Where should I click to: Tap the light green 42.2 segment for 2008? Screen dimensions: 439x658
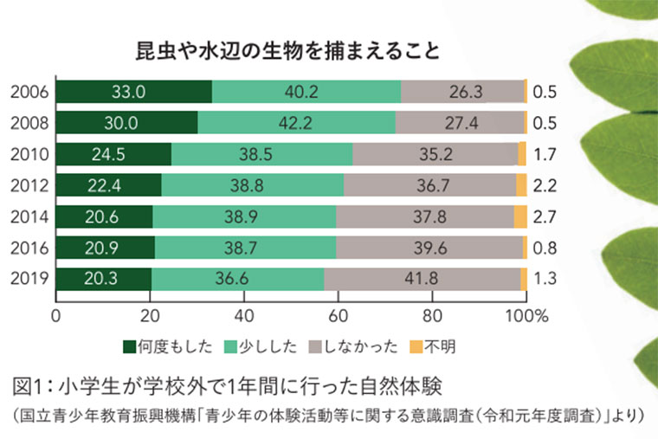click(296, 123)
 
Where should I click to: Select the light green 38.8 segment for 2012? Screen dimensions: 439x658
click(252, 185)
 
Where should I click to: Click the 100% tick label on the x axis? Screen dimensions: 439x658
click(527, 315)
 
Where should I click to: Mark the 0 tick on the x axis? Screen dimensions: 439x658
click(56, 315)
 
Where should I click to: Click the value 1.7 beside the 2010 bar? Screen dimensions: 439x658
click(545, 155)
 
